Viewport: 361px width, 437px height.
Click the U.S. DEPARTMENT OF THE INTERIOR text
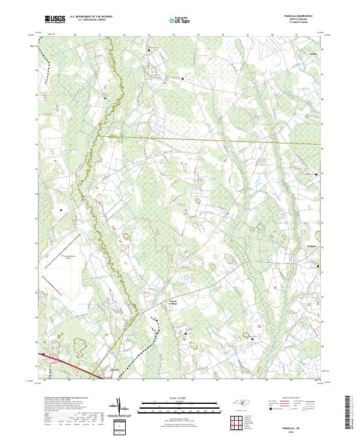tap(95, 16)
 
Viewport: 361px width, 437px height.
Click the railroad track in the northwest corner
tap(46, 58)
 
